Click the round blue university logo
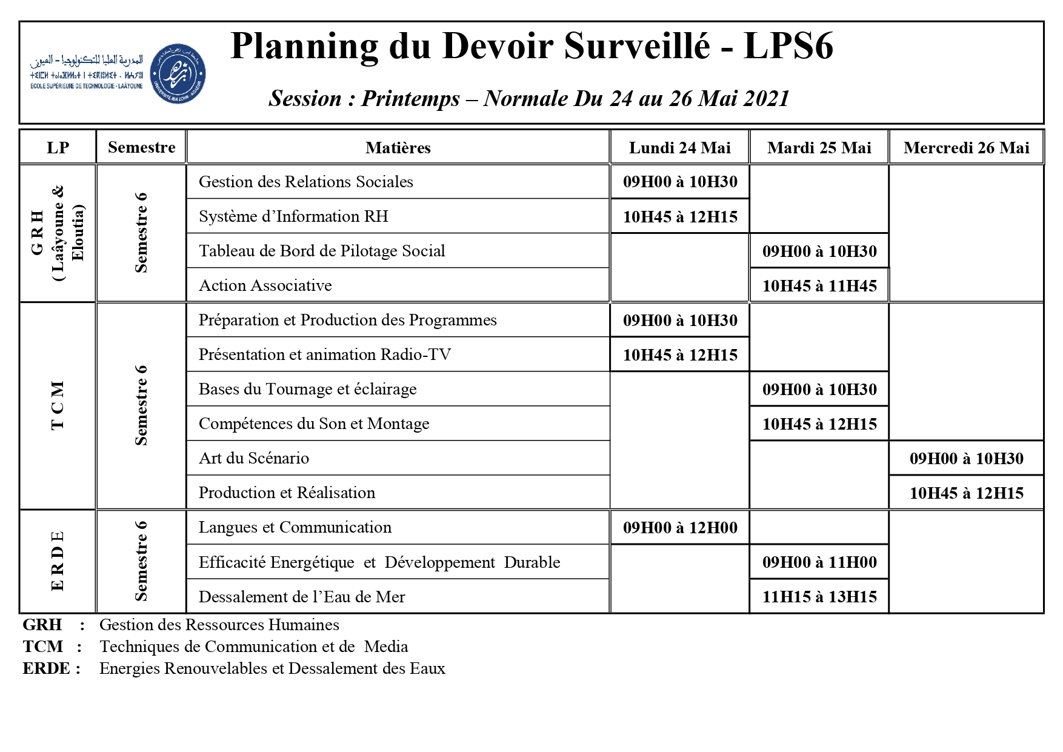[x=178, y=73]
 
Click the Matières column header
[x=398, y=148]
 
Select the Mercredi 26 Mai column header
[x=966, y=148]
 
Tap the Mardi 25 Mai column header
[x=819, y=148]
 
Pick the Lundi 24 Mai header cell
[x=679, y=148]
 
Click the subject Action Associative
[x=265, y=285]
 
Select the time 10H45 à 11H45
[x=819, y=286]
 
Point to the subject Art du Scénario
[x=254, y=458]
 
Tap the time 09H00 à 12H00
[x=680, y=528]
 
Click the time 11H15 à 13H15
[x=819, y=597]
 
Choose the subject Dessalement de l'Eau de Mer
[x=302, y=597]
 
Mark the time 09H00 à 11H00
[x=819, y=562]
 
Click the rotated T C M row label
[x=58, y=405]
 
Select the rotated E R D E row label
[x=58, y=561]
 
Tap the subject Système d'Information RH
[x=293, y=216]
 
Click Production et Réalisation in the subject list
[x=287, y=493]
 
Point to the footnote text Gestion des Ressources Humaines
[x=219, y=625]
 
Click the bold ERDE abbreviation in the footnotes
[x=46, y=668]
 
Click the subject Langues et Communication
[x=295, y=527]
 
